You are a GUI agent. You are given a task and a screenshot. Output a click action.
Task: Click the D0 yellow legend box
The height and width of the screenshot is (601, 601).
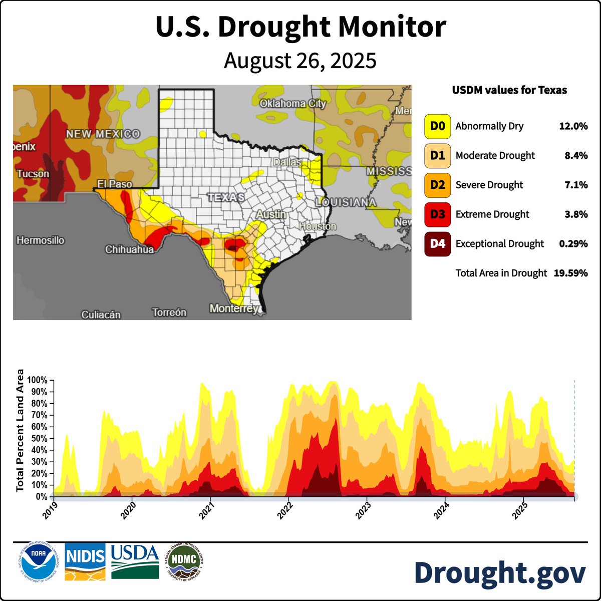pyautogui.click(x=437, y=126)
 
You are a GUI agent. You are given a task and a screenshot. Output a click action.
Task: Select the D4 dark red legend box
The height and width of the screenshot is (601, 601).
pyautogui.click(x=437, y=244)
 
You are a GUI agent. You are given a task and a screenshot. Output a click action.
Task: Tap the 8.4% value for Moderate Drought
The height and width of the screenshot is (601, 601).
pyautogui.click(x=576, y=156)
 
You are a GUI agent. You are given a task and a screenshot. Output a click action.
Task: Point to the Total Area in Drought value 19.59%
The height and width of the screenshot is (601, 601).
pyautogui.click(x=570, y=273)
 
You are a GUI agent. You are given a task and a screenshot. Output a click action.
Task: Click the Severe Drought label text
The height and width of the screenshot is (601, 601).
pyautogui.click(x=489, y=185)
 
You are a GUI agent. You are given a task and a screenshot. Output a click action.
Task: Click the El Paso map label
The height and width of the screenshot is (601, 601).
pyautogui.click(x=114, y=184)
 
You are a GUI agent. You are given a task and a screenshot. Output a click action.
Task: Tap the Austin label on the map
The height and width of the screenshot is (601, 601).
pyautogui.click(x=271, y=214)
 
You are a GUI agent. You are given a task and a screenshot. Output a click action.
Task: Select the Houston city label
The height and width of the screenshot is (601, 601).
pyautogui.click(x=318, y=226)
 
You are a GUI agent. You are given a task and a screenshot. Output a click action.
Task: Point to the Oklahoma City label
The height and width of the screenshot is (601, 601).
pyautogui.click(x=292, y=104)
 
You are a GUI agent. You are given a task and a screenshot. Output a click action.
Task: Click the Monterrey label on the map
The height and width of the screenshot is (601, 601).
pyautogui.click(x=234, y=308)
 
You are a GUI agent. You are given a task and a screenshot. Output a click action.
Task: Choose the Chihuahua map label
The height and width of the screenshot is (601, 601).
pyautogui.click(x=129, y=249)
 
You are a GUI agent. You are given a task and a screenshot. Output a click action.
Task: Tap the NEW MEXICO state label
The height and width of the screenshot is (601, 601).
pyautogui.click(x=103, y=134)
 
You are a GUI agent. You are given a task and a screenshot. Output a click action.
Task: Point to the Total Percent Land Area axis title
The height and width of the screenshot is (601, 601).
pyautogui.click(x=21, y=430)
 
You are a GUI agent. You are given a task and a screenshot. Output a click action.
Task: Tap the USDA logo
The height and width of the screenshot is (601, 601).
pyautogui.click(x=135, y=561)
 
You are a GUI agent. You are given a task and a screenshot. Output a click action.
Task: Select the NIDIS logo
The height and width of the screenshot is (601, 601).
pyautogui.click(x=85, y=561)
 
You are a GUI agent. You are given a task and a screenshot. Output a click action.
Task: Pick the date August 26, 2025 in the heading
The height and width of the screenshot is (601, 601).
pyautogui.click(x=300, y=61)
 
